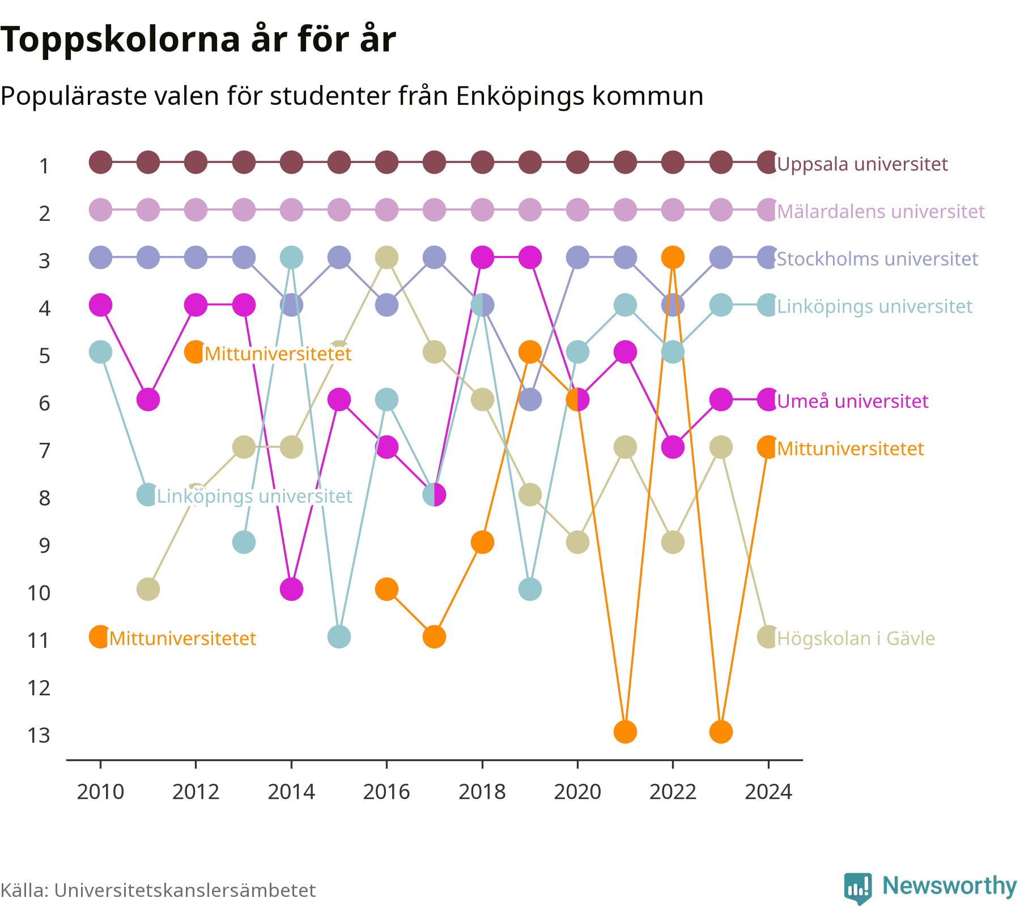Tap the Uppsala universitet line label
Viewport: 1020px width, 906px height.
(862, 164)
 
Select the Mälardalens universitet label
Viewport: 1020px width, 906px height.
(881, 211)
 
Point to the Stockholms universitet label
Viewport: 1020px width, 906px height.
(877, 259)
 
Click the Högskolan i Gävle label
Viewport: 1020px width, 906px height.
(856, 638)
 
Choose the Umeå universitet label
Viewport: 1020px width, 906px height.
(852, 401)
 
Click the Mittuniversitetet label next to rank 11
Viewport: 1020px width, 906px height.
(182, 638)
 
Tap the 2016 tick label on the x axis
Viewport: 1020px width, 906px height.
(386, 791)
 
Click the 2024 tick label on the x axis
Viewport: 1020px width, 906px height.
(768, 791)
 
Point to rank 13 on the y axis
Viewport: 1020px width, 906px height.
(39, 735)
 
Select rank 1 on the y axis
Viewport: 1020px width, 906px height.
(44, 166)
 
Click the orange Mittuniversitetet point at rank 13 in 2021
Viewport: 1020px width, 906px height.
(625, 732)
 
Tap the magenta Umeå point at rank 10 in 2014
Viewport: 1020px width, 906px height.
(291, 589)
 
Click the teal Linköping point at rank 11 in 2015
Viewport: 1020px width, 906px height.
(339, 637)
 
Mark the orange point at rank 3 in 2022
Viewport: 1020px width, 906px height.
(673, 258)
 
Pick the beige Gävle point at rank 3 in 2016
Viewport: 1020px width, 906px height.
(386, 258)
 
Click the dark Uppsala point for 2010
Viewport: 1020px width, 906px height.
(100, 163)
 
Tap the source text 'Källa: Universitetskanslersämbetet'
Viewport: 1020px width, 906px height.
(158, 890)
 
